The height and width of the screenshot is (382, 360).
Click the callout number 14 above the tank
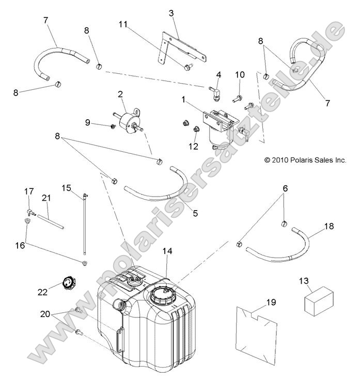(x=168, y=251)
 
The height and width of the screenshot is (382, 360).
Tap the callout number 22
(x=42, y=292)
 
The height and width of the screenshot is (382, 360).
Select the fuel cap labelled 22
(x=69, y=283)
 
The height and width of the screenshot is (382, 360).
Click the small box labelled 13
(x=319, y=301)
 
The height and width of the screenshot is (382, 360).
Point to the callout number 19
(x=271, y=302)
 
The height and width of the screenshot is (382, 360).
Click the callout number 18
(x=329, y=226)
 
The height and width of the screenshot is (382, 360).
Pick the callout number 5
(x=195, y=213)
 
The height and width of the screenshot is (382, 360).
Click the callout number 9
(x=88, y=122)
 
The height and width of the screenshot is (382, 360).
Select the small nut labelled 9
(x=113, y=126)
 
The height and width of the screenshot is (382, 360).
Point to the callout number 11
(x=123, y=24)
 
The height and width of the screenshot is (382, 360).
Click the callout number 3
(x=171, y=13)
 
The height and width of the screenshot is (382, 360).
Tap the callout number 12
(x=193, y=146)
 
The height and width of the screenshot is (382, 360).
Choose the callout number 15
(x=66, y=188)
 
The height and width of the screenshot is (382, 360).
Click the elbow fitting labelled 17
(x=31, y=213)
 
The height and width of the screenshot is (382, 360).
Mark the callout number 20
(x=45, y=314)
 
